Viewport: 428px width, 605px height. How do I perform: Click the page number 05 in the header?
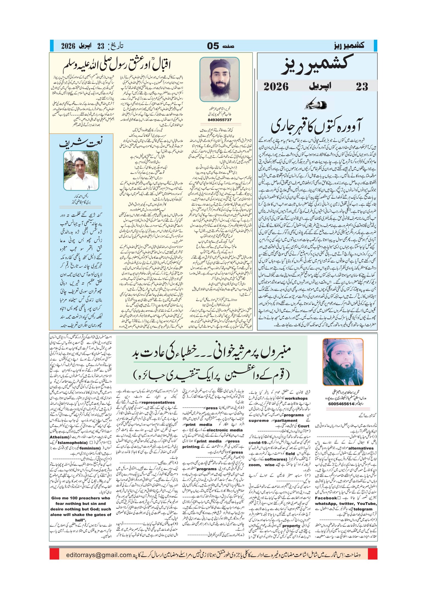[213, 46]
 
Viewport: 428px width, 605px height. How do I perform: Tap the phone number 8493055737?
[220, 120]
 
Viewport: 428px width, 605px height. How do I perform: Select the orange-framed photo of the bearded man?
[343, 362]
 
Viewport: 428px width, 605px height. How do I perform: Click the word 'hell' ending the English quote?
[79, 520]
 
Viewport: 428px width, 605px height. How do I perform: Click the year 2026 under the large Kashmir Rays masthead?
[276, 86]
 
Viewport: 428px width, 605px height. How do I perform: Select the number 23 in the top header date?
[101, 46]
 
